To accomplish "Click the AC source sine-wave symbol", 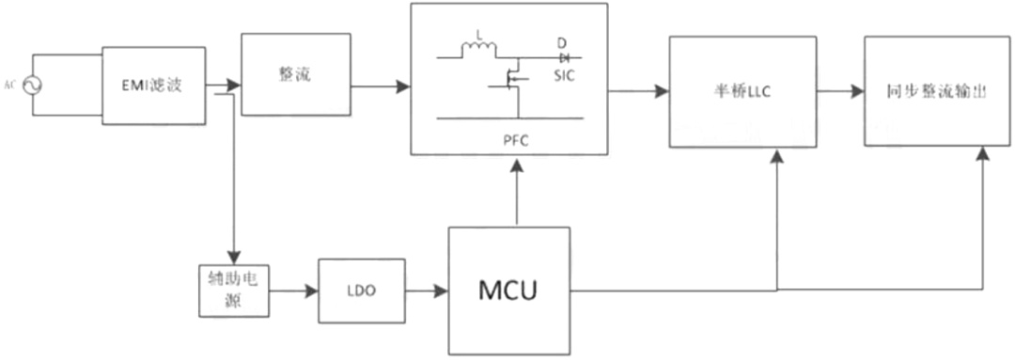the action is (31, 86).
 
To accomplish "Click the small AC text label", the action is (9, 85).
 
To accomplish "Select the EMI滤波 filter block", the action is (154, 85).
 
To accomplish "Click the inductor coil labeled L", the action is (478, 49).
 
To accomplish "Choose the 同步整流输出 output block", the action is (937, 91).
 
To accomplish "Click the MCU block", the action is (509, 290).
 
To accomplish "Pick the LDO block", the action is (362, 290).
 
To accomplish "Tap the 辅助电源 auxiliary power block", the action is (234, 290).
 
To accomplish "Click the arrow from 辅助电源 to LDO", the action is (293, 291).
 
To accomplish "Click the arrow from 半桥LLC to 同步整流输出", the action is (840, 91).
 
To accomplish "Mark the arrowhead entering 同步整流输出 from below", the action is (983, 154).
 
